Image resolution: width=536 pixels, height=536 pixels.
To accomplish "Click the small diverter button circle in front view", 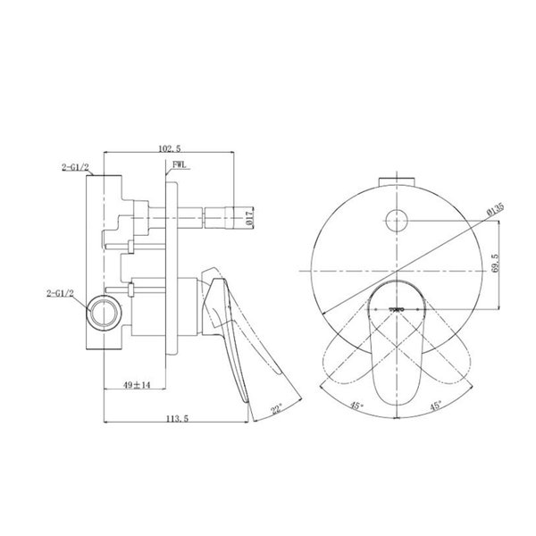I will (396, 215).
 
